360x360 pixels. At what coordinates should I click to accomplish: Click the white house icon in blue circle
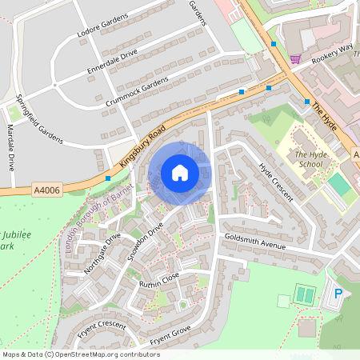click(x=180, y=173)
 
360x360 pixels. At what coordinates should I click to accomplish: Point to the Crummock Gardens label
click(x=137, y=94)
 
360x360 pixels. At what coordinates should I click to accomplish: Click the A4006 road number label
click(x=47, y=190)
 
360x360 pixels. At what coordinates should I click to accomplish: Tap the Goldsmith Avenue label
click(x=255, y=242)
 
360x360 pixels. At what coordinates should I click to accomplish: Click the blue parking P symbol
click(x=338, y=294)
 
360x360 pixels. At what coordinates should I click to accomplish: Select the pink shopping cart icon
click(x=296, y=58)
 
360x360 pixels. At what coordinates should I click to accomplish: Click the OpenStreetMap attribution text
click(x=81, y=354)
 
